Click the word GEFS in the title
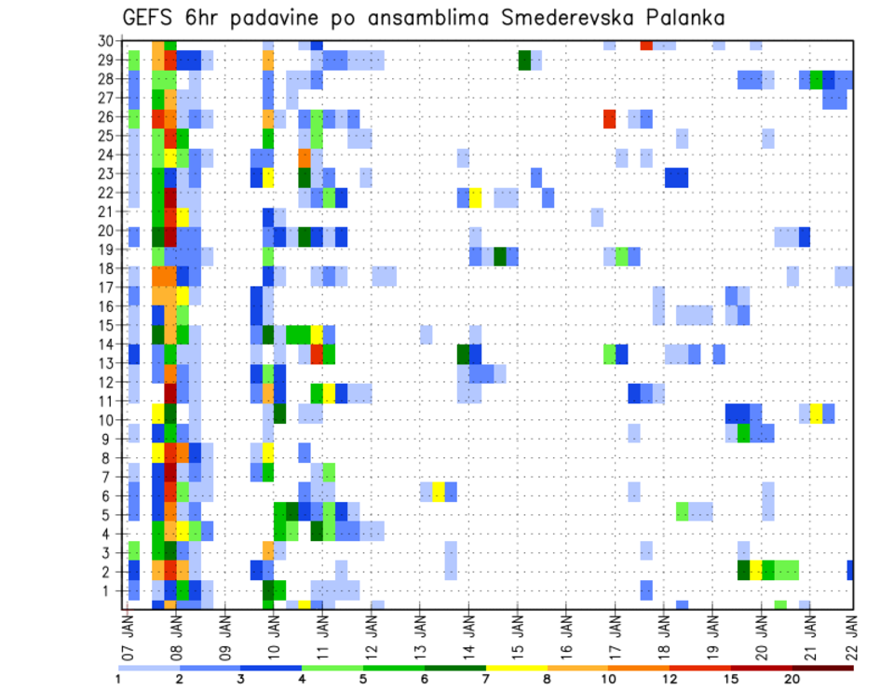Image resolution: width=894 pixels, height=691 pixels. point(152,18)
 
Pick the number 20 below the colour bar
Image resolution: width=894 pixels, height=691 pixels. point(792,679)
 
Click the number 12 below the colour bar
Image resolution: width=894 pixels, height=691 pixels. point(670,679)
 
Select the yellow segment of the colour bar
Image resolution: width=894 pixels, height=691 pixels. point(516,667)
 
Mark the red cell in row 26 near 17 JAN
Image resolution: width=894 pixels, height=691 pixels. point(609,118)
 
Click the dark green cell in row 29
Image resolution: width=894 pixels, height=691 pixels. point(524,60)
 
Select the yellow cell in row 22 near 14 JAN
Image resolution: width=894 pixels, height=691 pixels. point(475,197)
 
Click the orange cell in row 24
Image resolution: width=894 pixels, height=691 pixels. point(305,157)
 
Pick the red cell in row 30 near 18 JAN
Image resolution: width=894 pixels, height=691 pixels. point(646,45)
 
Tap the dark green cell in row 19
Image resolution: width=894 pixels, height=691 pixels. point(500,256)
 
